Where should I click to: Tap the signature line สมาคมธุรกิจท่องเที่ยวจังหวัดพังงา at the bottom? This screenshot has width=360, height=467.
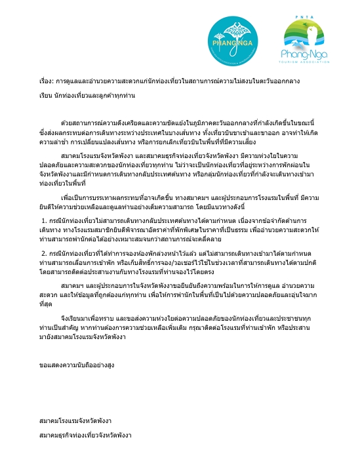click(x=86, y=436)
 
